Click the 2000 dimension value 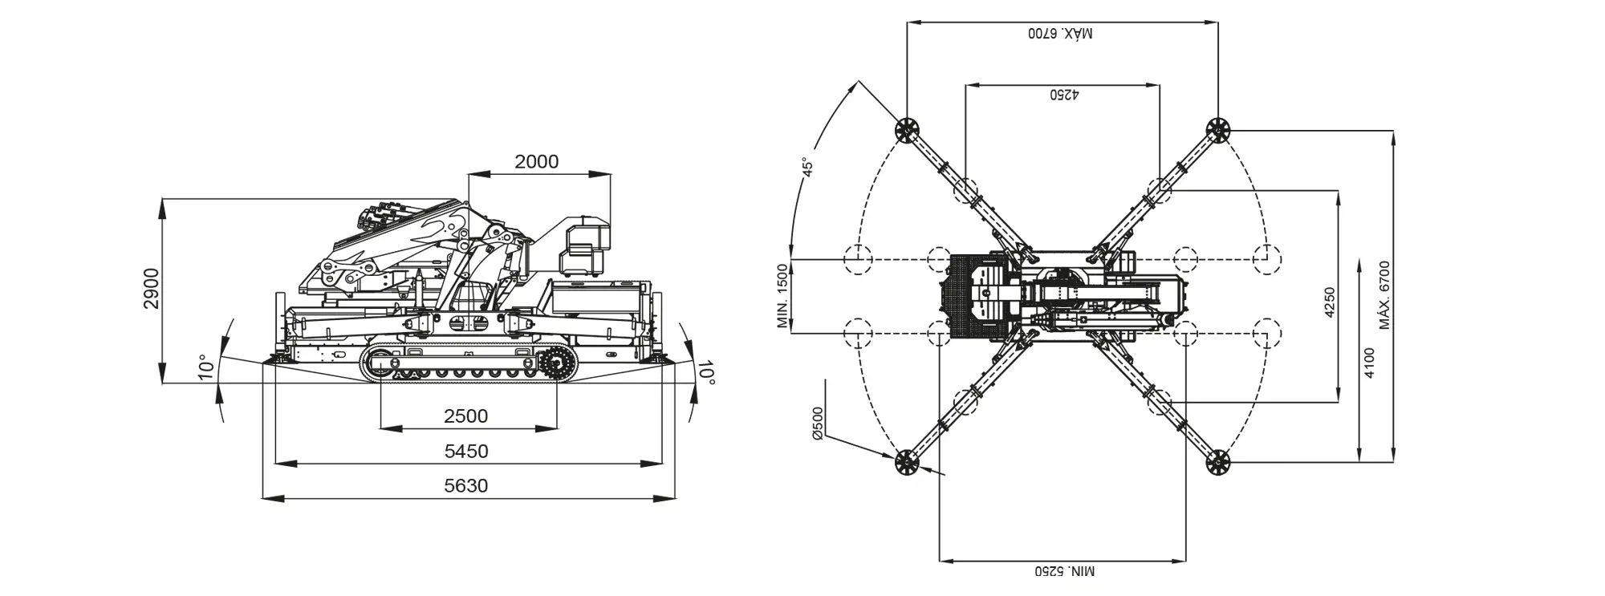(x=536, y=161)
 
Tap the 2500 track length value (x=465, y=416)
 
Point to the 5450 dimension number (x=466, y=451)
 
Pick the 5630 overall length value (x=466, y=485)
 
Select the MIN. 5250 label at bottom (x=1063, y=571)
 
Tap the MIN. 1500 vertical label (x=783, y=296)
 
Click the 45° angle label (x=807, y=167)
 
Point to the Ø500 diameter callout (x=818, y=423)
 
